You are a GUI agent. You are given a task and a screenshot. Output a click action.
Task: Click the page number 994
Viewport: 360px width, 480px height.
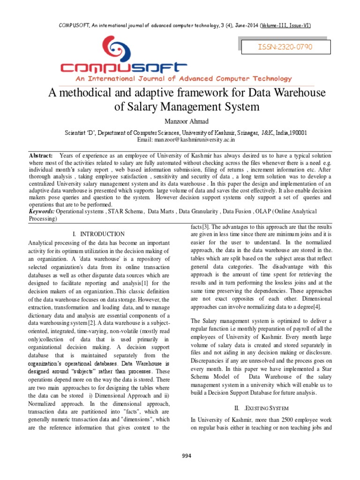point(187,456)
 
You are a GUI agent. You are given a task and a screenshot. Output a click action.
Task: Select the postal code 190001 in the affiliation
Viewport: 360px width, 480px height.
point(298,133)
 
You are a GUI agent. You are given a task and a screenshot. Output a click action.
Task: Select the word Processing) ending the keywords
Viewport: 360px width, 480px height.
point(43,219)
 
